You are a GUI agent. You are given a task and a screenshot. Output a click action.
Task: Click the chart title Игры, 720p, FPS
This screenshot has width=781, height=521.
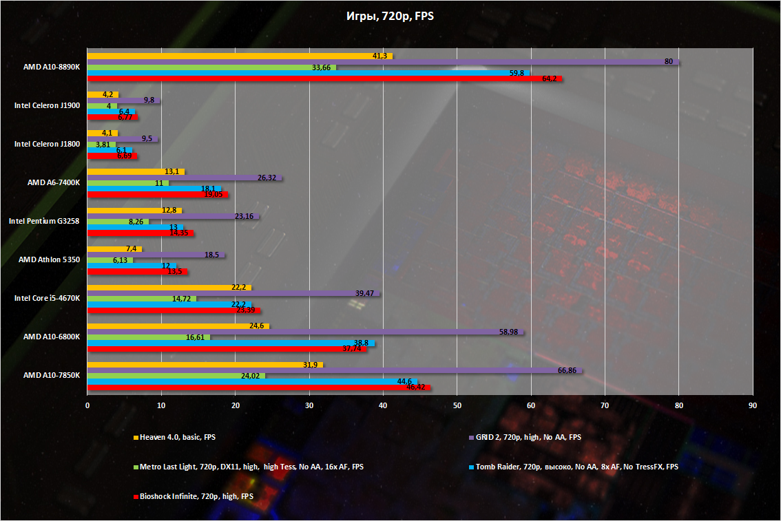tap(390, 16)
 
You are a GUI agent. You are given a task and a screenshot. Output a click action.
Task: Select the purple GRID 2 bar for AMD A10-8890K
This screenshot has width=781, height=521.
tap(383, 62)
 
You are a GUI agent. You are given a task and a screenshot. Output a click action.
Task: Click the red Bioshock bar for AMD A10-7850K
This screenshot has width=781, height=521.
tap(258, 387)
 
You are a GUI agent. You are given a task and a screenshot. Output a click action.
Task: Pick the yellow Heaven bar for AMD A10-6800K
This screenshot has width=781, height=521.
tap(178, 326)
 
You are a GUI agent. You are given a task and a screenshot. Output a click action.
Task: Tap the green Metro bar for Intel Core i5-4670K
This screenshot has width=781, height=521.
tap(142, 299)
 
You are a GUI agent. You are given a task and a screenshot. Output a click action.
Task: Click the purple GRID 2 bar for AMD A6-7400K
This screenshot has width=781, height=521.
tap(185, 178)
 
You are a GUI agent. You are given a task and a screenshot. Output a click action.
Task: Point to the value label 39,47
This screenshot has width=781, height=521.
tap(365, 293)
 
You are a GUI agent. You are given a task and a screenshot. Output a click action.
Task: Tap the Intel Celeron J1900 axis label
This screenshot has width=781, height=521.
tap(47, 105)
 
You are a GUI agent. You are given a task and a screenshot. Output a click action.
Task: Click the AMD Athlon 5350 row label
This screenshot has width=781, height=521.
tap(49, 260)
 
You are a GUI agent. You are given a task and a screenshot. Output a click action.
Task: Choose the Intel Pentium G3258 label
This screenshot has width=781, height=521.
tap(44, 222)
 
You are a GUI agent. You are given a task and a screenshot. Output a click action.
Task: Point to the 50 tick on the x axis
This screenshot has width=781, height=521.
tap(457, 405)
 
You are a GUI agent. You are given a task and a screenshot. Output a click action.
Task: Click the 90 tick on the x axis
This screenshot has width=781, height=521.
tap(753, 405)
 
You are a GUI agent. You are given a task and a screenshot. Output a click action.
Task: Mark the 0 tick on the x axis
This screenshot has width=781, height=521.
tap(87, 405)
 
